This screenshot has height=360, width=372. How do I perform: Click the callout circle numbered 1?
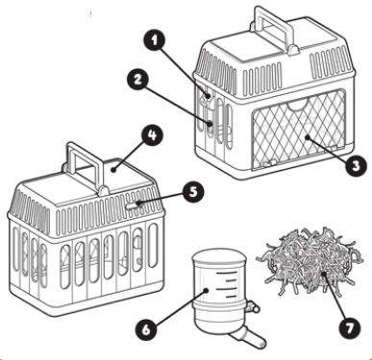pos(155,41)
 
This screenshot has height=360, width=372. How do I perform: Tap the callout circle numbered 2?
pos(137,80)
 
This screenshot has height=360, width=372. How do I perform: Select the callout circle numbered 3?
pos(356,166)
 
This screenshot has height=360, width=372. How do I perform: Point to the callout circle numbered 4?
pos(153,135)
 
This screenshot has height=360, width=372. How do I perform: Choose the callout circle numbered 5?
pos(193,192)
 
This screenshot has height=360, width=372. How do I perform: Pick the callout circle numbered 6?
pos(146,329)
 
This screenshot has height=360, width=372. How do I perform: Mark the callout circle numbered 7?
pos(350,327)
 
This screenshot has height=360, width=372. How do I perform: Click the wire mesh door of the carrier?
pos(299,130)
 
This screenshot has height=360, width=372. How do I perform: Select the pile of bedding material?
pos(310,260)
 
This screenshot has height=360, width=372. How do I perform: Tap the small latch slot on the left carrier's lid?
pos(134,205)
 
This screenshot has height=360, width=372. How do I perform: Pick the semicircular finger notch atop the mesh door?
pos(298,105)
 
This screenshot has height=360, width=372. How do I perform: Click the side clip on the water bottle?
pos(253,307)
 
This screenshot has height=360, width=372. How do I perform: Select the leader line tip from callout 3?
pos(307,137)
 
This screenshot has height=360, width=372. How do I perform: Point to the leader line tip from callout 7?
pos(324,274)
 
